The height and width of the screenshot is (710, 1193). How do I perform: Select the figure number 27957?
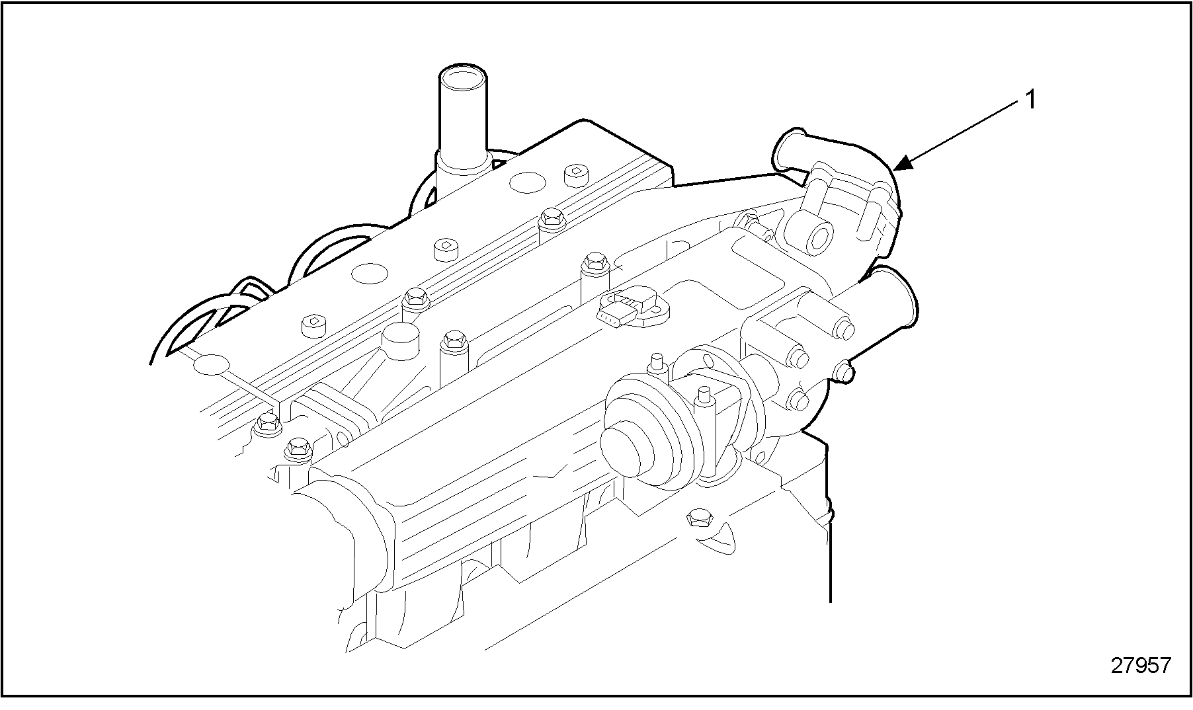(1140, 665)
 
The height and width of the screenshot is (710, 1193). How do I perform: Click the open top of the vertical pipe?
(462, 78)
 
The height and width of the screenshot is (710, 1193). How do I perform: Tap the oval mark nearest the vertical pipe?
(526, 182)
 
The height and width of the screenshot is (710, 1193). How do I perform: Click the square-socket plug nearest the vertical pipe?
(575, 175)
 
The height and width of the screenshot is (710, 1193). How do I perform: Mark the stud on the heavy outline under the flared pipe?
(844, 372)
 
